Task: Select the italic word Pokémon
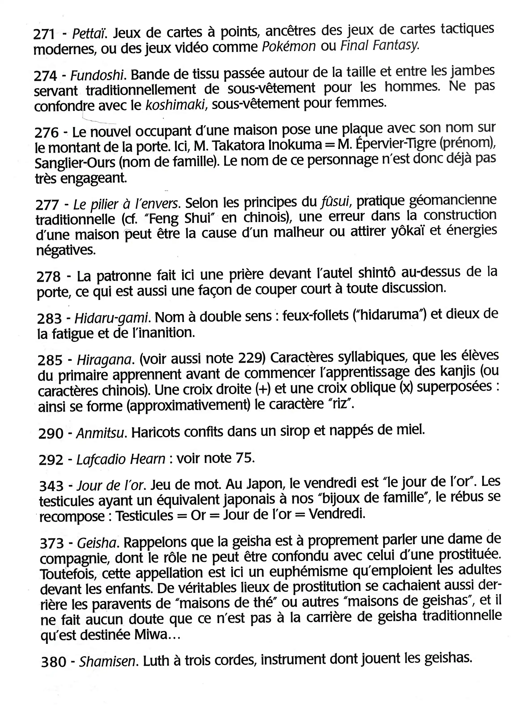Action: coord(289,47)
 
